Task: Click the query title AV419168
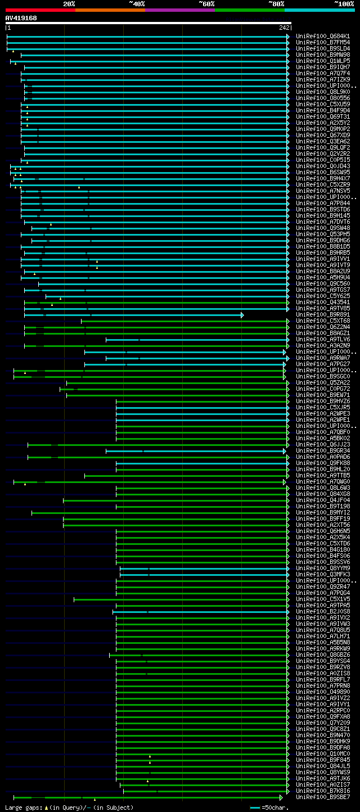click(21, 18)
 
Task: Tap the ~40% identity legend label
click(137, 4)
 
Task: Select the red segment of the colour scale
click(40, 10)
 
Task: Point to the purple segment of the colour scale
click(179, 10)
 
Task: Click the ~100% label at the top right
click(344, 4)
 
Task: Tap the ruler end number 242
click(284, 28)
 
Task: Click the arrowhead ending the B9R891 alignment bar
click(242, 315)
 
